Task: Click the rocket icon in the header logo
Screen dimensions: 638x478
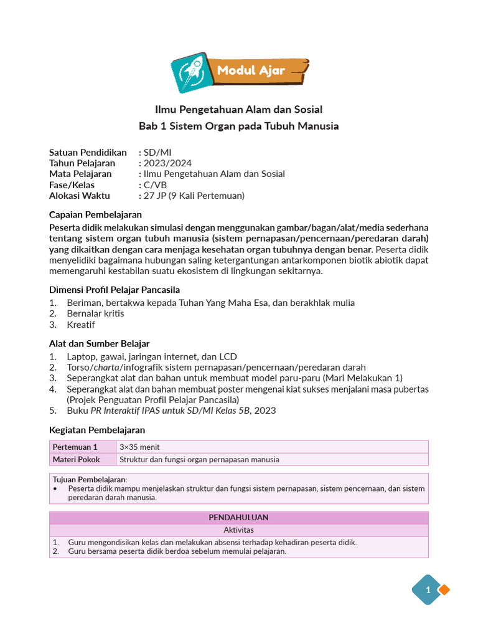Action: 189,72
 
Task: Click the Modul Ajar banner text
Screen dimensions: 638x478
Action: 251,70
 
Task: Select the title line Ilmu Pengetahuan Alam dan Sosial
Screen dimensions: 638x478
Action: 238,110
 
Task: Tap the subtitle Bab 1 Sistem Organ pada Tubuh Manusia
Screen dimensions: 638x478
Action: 238,126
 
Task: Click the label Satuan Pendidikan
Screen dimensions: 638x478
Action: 88,153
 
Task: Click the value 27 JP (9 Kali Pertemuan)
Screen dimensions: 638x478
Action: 194,196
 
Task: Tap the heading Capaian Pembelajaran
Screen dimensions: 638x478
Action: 95,214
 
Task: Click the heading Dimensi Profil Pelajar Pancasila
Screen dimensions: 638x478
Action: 115,290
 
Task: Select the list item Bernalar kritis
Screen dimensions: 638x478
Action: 95,313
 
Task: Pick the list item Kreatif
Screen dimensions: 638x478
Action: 81,325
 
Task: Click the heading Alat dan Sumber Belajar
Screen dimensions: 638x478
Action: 99,344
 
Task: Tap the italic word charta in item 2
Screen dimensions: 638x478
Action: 105,368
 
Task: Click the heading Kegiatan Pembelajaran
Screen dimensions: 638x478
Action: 96,430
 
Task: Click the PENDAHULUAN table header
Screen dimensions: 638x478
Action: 238,518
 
